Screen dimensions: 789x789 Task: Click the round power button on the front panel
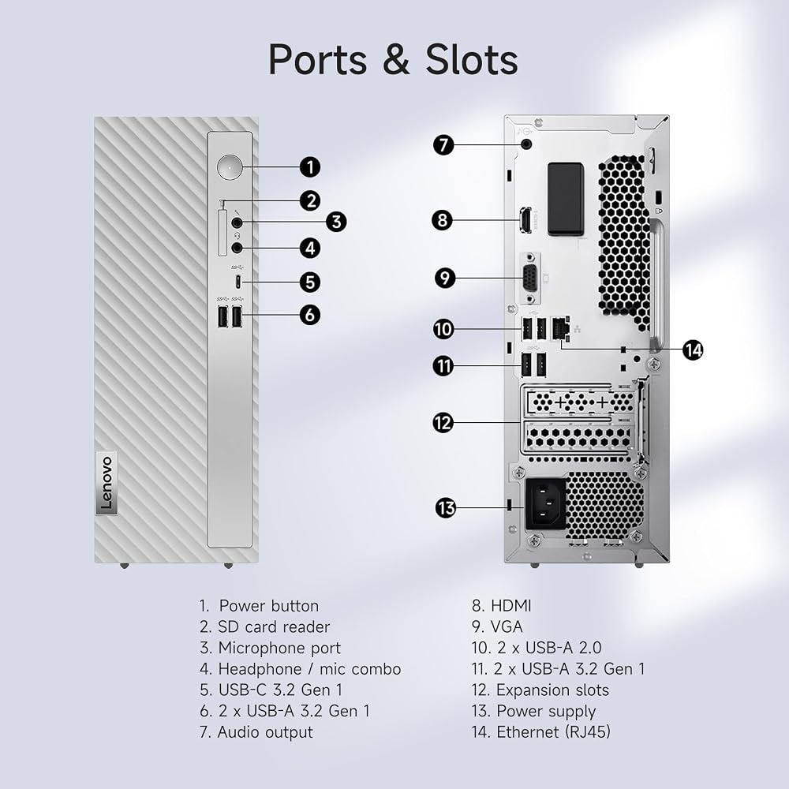click(230, 166)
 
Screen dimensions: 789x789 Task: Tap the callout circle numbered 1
click(310, 167)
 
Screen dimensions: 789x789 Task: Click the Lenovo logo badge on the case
click(107, 483)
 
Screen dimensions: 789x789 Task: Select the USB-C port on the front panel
click(238, 282)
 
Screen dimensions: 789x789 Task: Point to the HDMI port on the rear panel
click(525, 220)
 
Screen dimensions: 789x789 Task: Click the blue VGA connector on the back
click(530, 278)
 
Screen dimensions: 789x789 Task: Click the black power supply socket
click(545, 503)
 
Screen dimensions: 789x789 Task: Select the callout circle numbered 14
click(693, 350)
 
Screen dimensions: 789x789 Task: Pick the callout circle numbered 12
click(443, 423)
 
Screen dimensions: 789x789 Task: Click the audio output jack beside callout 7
click(526, 144)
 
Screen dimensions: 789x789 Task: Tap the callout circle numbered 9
click(444, 278)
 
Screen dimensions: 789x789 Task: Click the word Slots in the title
click(472, 59)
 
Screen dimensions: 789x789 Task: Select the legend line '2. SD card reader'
click(264, 626)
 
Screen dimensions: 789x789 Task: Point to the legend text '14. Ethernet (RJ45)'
click(541, 731)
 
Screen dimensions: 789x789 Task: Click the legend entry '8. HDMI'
click(501, 605)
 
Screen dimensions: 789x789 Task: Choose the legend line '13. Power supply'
click(533, 711)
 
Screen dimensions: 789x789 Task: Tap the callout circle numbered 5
click(310, 282)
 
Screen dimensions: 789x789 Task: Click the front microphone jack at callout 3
click(237, 222)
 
